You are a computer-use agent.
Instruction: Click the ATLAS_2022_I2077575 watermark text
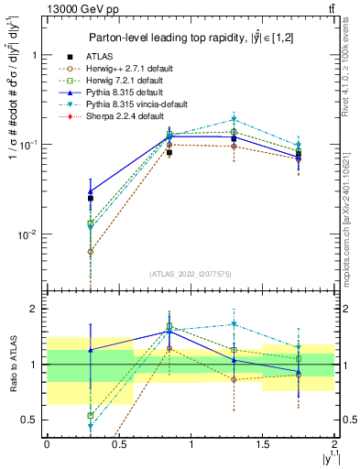[191, 274]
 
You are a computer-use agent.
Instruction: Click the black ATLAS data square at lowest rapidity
[90, 198]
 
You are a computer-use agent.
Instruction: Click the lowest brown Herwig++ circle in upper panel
[90, 251]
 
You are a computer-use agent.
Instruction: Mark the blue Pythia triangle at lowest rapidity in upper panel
[90, 191]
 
